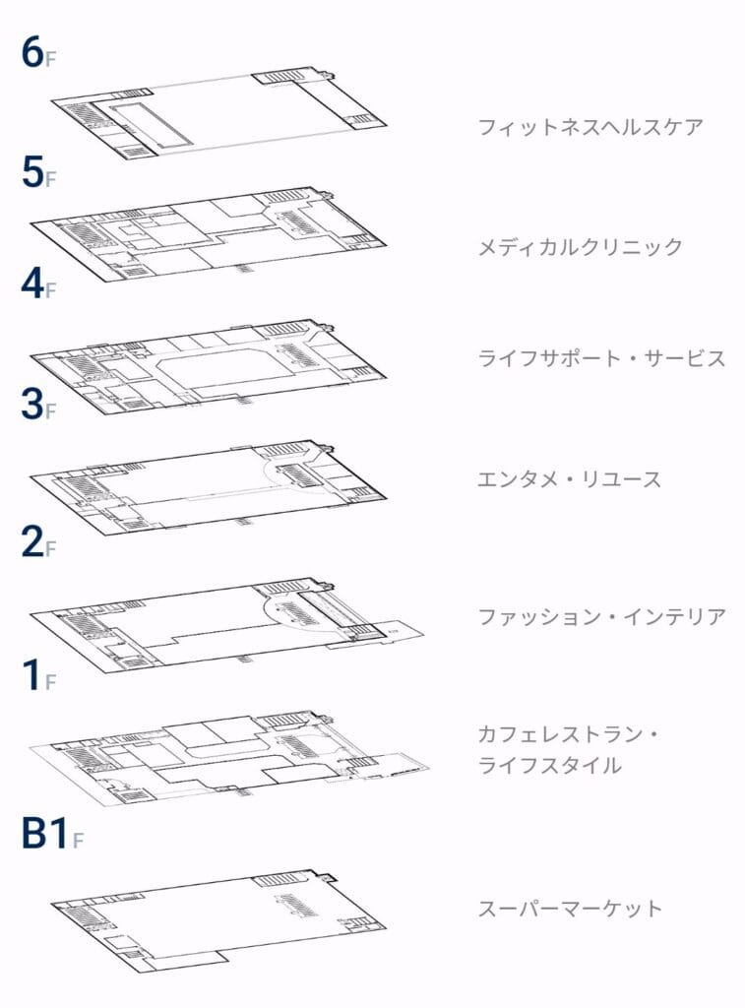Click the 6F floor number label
click(37, 55)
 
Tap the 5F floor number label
click(37, 173)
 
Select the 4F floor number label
click(37, 285)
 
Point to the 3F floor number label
click(37, 406)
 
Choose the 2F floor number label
click(37, 543)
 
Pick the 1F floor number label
click(37, 677)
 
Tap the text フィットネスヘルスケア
click(590, 127)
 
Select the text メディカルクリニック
click(580, 247)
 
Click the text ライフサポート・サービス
click(601, 358)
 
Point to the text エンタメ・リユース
click(569, 479)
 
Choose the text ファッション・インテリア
click(601, 617)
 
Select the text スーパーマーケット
click(569, 908)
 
